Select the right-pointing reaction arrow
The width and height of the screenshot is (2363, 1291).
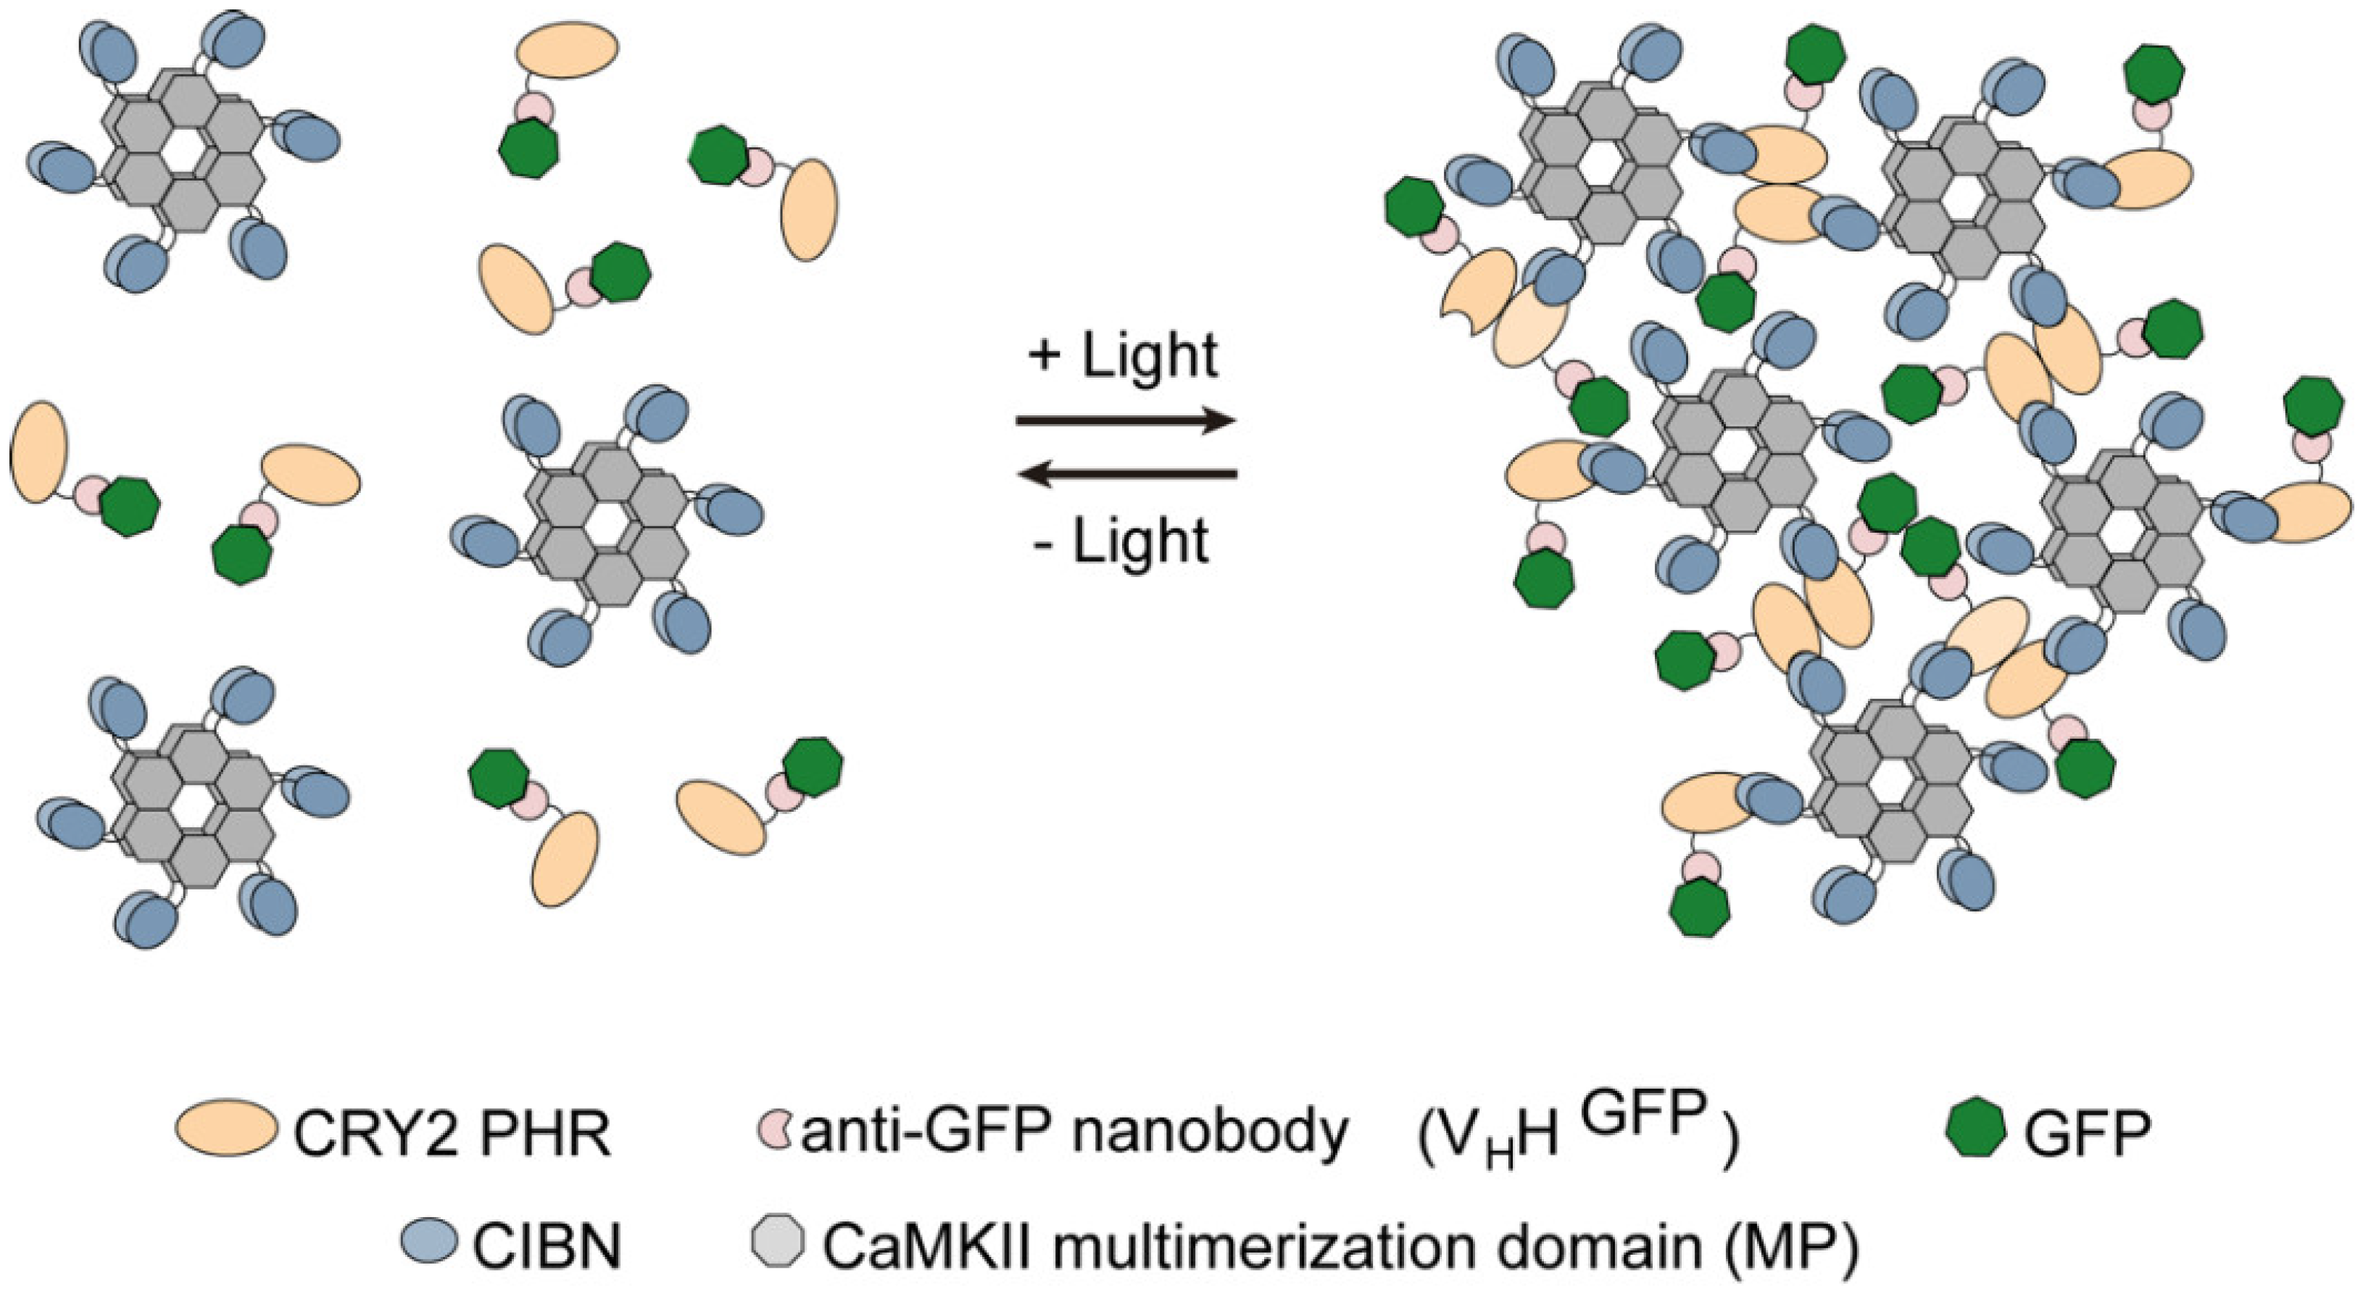click(1126, 421)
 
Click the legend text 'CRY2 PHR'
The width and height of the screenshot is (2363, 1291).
click(452, 1136)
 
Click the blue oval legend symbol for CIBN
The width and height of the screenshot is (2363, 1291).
click(429, 1240)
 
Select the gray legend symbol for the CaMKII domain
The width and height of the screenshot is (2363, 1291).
click(777, 1240)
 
